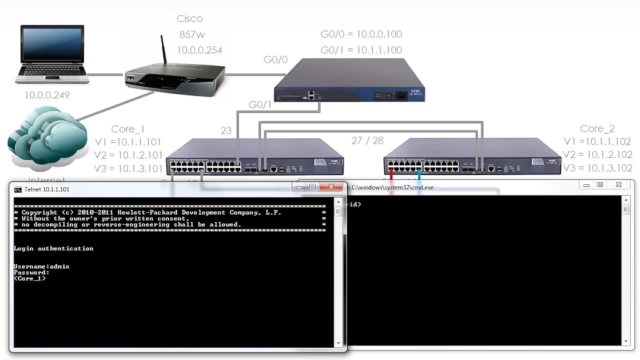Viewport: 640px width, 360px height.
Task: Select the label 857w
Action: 191,35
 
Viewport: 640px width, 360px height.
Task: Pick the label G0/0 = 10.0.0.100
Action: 361,34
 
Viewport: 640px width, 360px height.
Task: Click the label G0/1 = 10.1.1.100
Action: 361,50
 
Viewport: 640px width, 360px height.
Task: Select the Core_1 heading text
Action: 128,129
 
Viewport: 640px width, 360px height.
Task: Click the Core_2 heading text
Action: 597,129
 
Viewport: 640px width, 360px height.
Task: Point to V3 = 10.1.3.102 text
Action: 597,169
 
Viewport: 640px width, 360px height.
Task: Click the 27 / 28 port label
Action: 368,141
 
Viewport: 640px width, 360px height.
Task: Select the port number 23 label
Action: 226,131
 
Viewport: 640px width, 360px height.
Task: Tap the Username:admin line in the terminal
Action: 41,266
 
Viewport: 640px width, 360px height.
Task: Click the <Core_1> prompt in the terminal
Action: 30,278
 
